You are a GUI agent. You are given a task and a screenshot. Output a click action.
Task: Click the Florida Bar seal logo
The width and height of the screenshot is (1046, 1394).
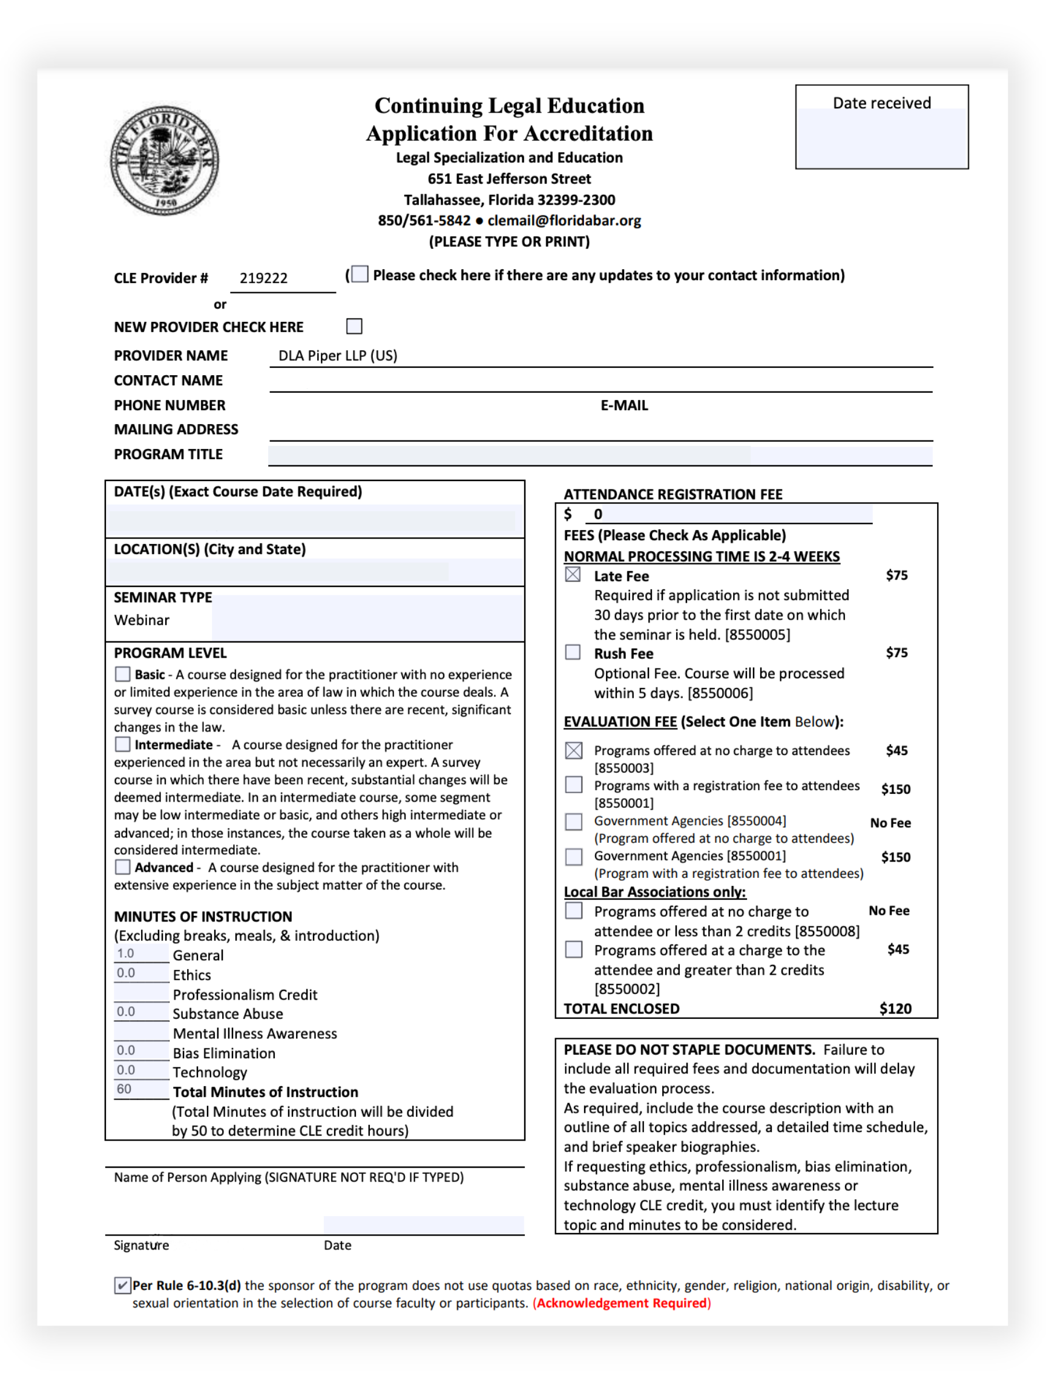[165, 160]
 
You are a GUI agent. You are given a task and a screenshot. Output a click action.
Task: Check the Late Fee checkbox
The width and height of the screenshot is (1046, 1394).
[573, 575]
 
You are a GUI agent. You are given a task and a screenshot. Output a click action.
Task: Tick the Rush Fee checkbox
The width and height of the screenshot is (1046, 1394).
[573, 652]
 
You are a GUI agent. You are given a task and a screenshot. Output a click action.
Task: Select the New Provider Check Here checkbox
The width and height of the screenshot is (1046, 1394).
[354, 327]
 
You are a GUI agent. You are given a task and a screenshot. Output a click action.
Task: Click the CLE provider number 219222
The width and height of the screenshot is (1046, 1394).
[263, 278]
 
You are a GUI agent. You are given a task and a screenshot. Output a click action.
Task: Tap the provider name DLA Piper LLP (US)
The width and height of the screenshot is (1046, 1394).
[338, 356]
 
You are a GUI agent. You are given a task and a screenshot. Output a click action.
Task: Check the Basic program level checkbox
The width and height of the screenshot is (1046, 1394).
[122, 675]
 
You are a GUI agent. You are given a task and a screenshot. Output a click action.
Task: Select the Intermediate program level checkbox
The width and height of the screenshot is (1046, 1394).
[122, 744]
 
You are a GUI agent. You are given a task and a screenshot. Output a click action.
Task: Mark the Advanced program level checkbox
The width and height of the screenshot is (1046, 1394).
[122, 867]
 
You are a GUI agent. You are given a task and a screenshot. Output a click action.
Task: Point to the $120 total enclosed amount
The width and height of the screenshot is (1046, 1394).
[895, 1009]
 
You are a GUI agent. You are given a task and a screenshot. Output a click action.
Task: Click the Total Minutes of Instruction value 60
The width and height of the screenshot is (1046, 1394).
[125, 1090]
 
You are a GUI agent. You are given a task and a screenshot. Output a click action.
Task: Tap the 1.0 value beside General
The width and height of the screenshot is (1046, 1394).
[125, 954]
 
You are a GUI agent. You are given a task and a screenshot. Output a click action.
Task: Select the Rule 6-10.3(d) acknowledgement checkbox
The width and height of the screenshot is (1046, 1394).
[122, 1286]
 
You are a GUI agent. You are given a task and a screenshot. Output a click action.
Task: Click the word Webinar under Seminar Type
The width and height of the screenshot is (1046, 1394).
[142, 621]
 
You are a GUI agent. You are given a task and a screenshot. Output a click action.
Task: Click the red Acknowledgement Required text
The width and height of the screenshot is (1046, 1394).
[622, 1303]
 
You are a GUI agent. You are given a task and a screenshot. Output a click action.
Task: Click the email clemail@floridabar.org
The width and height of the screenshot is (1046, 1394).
[564, 221]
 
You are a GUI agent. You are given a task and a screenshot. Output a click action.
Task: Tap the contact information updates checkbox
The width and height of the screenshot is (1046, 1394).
[360, 274]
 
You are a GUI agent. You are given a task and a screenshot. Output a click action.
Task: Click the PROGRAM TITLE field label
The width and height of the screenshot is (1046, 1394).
[168, 454]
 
